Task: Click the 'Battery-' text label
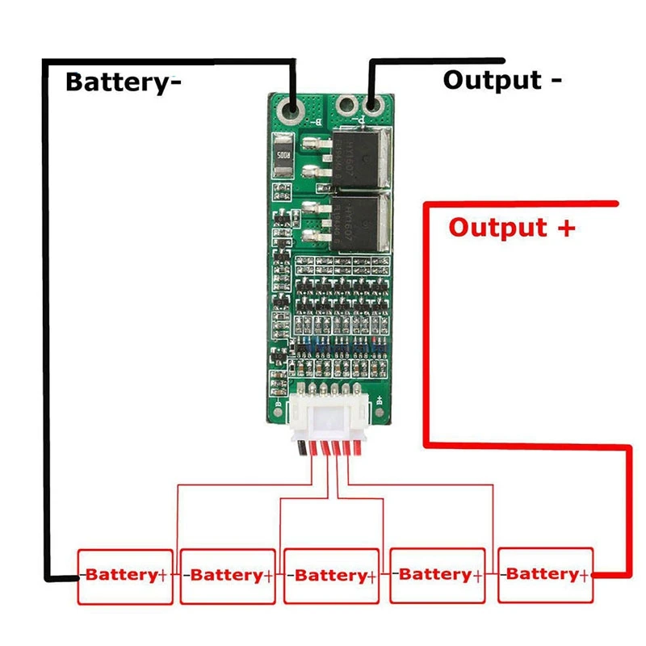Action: [123, 82]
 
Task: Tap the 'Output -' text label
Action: [502, 80]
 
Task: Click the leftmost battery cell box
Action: [125, 576]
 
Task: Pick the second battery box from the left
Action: [227, 576]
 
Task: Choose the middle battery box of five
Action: [331, 576]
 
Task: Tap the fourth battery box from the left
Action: [437, 576]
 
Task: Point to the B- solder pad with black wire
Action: [292, 107]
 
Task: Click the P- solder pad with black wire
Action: [372, 105]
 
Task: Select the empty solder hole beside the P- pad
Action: [348, 105]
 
